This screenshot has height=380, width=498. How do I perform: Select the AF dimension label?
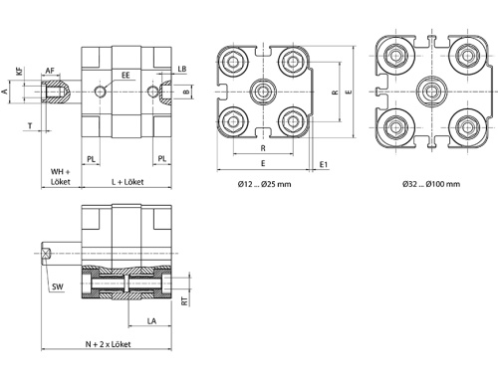pos(50,71)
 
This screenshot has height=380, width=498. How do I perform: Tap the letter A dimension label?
pos(5,93)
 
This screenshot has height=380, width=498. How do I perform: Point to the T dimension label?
pos(30,127)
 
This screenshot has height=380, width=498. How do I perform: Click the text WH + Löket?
pos(62,178)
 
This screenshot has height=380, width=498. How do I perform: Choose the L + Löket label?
pos(129,183)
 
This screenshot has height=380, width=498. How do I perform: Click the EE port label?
pos(125,75)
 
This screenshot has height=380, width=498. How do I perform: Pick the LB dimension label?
pos(182,69)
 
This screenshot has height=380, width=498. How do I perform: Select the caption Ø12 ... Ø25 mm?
pos(264,184)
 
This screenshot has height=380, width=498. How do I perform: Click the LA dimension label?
pos(151,321)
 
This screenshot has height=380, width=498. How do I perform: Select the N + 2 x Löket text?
pos(109,344)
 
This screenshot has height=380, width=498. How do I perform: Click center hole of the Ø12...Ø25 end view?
pos(264,92)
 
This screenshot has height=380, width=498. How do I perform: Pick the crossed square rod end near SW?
pos(47,253)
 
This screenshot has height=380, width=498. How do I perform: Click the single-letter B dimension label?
pos(186,93)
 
